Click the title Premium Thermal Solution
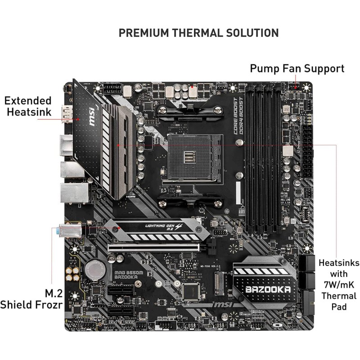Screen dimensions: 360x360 pos(198,33)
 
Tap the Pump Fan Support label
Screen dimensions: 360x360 pos(297,68)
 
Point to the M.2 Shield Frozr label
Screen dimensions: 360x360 pos(31,299)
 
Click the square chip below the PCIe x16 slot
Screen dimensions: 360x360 pos(194,290)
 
